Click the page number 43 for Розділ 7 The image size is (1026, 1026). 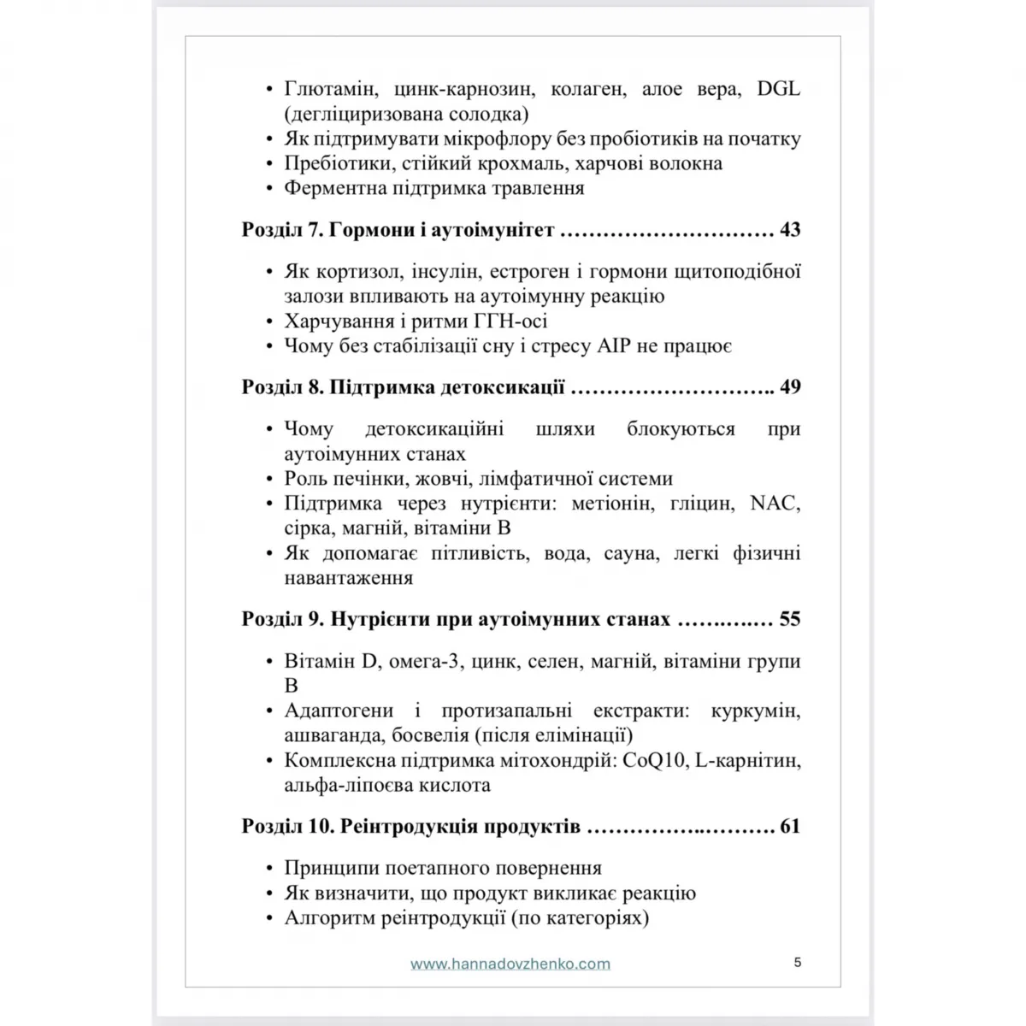click(790, 230)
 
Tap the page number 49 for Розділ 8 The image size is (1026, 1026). click(790, 387)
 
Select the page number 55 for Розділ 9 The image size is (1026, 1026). click(790, 619)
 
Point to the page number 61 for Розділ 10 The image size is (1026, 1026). click(790, 827)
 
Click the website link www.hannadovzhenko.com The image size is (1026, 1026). click(510, 964)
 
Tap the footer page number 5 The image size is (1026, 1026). click(798, 962)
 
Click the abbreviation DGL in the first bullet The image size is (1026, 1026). click(779, 89)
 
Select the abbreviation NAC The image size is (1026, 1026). click(775, 504)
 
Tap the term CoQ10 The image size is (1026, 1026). click(655, 761)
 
